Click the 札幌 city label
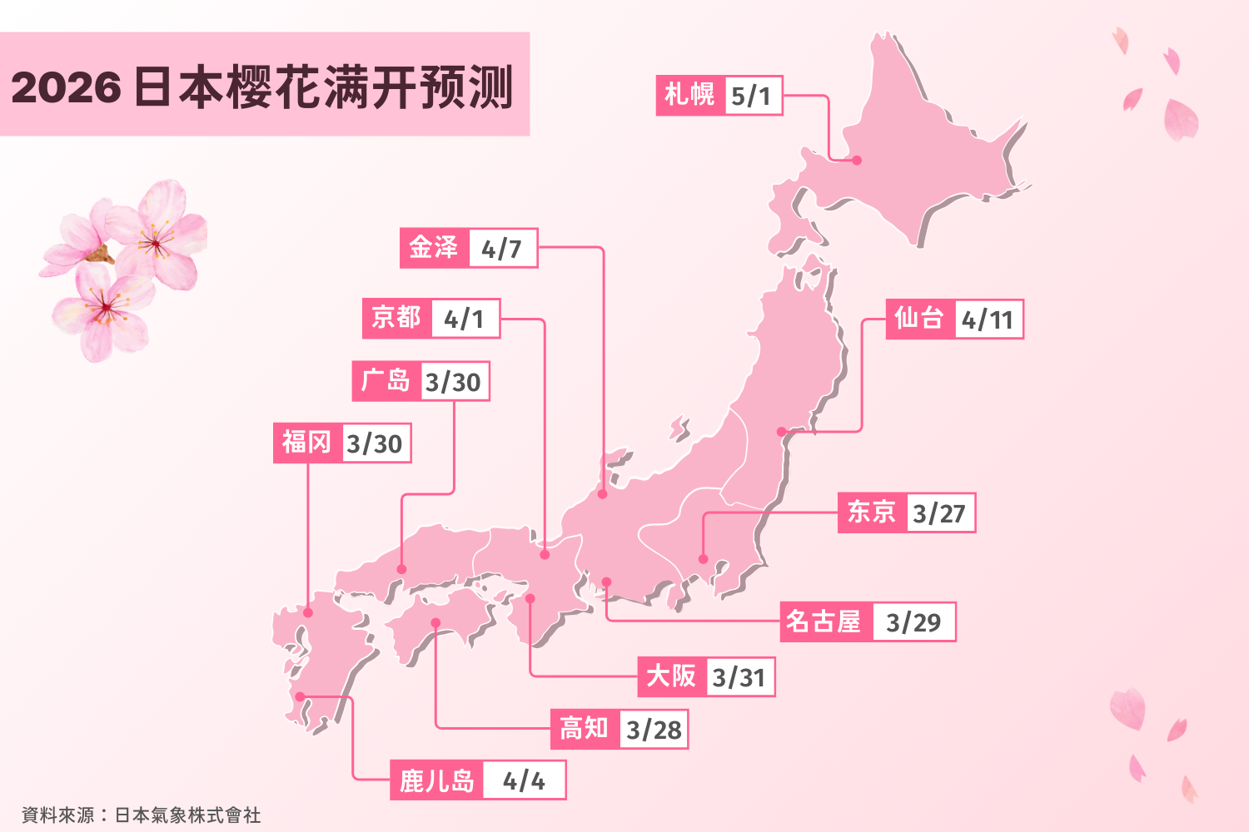tap(689, 95)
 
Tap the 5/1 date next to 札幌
tap(752, 96)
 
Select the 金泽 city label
tap(434, 248)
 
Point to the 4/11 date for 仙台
tap(987, 319)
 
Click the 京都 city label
tap(396, 318)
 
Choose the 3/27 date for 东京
tap(938, 513)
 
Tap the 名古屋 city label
tap(824, 622)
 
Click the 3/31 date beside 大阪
tap(739, 677)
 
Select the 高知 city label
tap(585, 729)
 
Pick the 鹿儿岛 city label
tap(436, 780)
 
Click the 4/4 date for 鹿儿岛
tap(524, 780)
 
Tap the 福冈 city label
tap(306, 443)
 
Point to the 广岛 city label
tap(386, 381)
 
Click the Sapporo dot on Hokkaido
tap(857, 160)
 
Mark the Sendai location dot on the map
tap(781, 432)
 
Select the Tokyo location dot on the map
tap(704, 559)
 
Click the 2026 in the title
tap(67, 87)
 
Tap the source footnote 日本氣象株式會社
tap(187, 815)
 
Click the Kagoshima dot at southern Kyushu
tap(300, 696)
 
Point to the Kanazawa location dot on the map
tap(603, 494)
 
